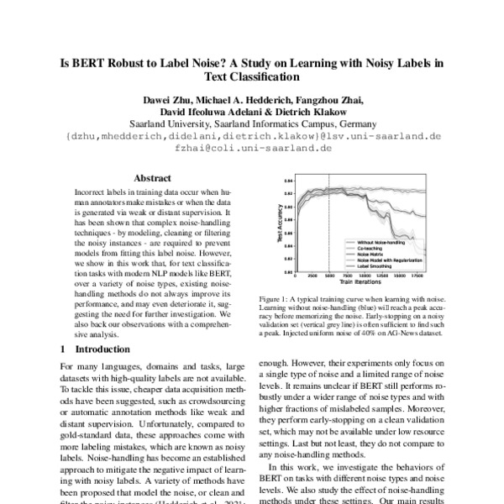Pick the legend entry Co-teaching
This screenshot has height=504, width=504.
point(358,248)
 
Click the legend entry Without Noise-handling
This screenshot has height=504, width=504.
point(367,242)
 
